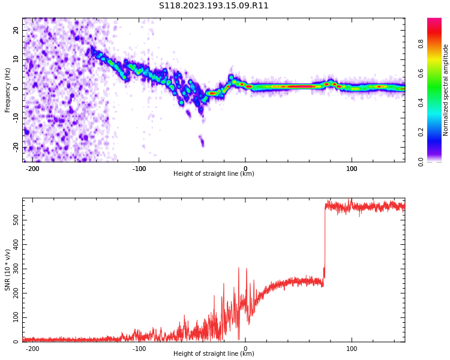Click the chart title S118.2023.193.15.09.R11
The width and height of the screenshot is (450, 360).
(214, 6)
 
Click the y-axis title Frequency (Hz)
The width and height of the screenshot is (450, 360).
(8, 90)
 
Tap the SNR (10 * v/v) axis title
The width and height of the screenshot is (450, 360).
(8, 270)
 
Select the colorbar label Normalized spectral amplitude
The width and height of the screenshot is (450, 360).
(446, 90)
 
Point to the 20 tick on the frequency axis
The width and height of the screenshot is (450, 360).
(16, 30)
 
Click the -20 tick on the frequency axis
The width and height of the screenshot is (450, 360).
(16, 147)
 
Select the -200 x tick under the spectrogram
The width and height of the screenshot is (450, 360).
(32, 169)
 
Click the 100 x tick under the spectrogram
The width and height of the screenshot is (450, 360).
(352, 169)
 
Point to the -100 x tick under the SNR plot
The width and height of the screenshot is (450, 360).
(139, 349)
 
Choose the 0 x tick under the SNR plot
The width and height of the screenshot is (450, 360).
(245, 349)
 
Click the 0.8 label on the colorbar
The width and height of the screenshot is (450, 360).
(421, 44)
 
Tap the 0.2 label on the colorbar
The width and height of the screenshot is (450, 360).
(421, 132)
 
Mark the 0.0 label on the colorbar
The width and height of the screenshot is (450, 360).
(421, 161)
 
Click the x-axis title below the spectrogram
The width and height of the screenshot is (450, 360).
(214, 174)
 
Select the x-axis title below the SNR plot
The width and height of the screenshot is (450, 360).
(214, 354)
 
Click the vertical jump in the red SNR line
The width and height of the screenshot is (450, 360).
(325, 240)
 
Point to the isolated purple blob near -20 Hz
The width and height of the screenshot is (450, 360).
(202, 142)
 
